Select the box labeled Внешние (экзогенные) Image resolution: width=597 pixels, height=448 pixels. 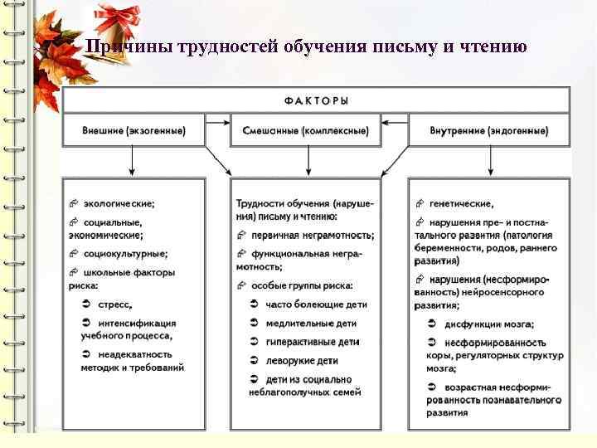click(x=133, y=131)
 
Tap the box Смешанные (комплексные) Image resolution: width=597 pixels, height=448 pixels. click(x=306, y=131)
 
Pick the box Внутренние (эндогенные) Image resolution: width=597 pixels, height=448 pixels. click(x=489, y=131)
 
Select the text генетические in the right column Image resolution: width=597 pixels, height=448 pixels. click(x=461, y=202)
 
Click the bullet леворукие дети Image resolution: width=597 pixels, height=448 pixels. click(x=302, y=361)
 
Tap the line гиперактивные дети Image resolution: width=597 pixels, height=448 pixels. click(x=313, y=342)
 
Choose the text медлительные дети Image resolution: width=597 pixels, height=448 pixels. click(x=312, y=323)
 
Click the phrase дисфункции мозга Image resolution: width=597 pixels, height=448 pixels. click(x=489, y=324)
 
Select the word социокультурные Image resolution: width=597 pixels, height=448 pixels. click(x=125, y=254)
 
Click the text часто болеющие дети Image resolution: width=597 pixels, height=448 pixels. click(x=316, y=304)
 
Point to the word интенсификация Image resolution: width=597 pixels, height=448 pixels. click(x=137, y=323)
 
